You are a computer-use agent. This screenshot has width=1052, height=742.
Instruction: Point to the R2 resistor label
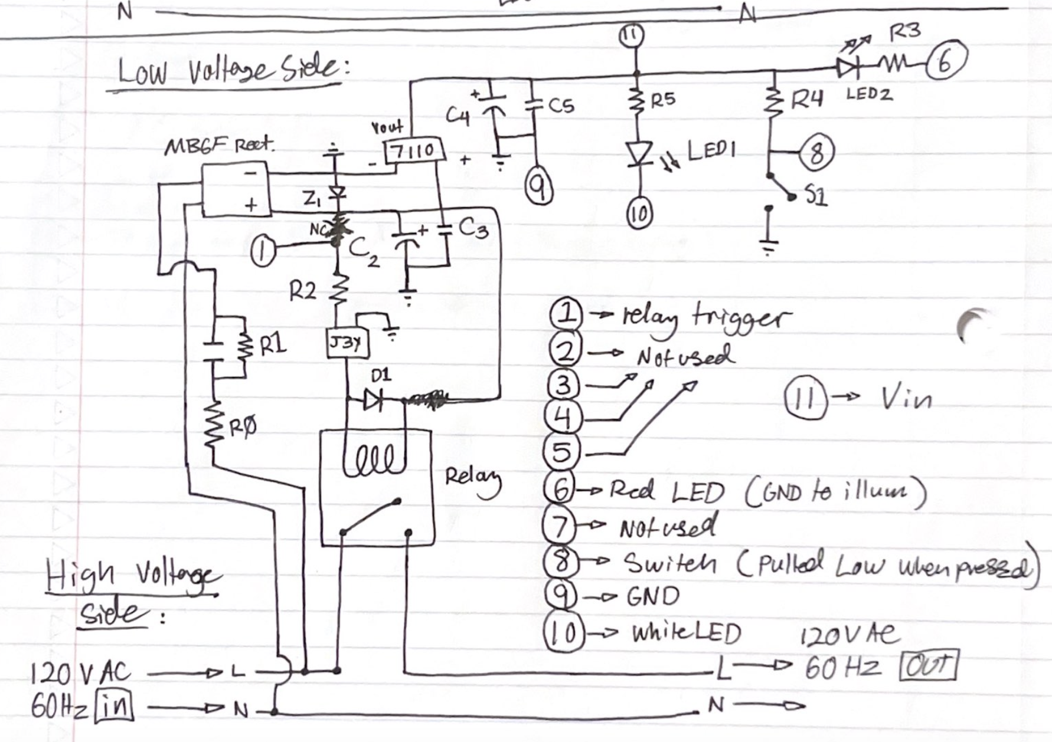[302, 291]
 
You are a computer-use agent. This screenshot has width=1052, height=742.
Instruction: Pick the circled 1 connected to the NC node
[263, 252]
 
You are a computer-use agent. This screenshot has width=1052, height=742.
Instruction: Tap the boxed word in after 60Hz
[115, 706]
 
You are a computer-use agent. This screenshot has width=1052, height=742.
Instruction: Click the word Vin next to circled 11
[906, 399]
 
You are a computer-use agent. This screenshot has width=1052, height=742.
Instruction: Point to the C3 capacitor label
[473, 227]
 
